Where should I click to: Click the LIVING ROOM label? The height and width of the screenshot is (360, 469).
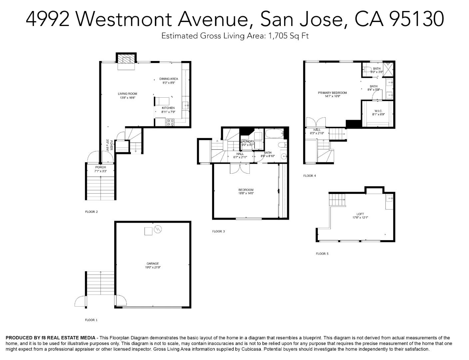[127, 94]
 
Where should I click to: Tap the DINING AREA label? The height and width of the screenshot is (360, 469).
[169, 79]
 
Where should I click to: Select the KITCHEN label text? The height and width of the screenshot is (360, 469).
[168, 108]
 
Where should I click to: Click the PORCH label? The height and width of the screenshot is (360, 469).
[101, 167]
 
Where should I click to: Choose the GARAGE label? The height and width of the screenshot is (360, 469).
[153, 264]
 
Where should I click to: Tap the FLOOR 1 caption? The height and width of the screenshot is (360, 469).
[91, 320]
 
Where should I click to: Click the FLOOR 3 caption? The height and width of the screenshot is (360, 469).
[219, 231]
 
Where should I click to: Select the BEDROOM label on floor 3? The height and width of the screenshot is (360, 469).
[246, 190]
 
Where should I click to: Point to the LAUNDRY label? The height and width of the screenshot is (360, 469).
[247, 142]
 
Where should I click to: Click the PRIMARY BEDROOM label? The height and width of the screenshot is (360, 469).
[332, 93]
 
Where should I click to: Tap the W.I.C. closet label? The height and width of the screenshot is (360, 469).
[378, 111]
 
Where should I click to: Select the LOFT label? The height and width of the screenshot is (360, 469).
[360, 214]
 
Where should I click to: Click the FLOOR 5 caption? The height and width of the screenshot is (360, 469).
[322, 254]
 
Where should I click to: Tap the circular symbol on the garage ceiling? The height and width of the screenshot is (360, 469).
[158, 229]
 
